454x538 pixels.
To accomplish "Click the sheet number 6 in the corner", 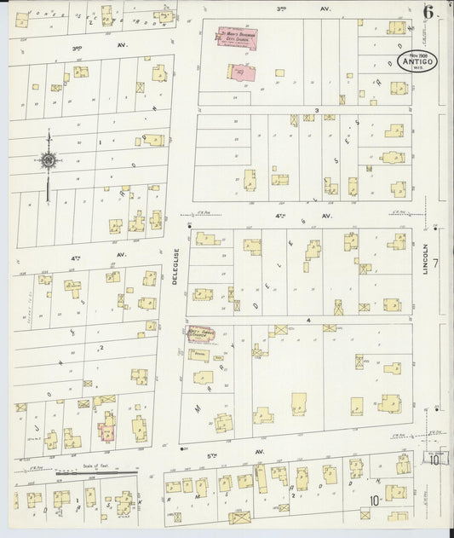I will click(428, 12).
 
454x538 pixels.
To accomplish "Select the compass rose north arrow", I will click(49, 160).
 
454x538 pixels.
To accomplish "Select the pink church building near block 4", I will click(199, 333).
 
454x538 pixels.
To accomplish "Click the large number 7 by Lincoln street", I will click(434, 264).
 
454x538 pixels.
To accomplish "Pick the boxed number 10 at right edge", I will click(434, 460).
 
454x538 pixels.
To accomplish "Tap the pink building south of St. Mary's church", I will click(240, 72).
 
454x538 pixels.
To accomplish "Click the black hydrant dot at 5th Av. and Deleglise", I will click(184, 448).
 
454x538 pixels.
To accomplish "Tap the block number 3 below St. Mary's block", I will click(316, 110).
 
